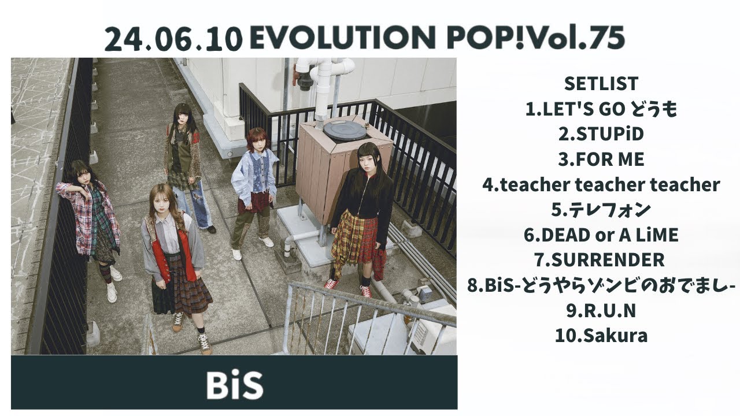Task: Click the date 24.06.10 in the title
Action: [x=173, y=39]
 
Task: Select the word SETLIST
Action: [x=601, y=84]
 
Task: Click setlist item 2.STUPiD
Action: [x=601, y=134]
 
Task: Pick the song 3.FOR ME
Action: [x=601, y=159]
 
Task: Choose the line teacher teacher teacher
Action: [x=601, y=185]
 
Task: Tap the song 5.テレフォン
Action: [x=601, y=210]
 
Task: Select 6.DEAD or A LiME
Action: [x=601, y=235]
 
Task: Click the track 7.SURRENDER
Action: [x=601, y=260]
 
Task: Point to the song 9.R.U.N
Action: [x=601, y=311]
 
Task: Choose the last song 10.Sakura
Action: [x=601, y=336]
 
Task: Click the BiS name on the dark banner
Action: [x=234, y=384]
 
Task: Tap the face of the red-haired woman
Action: [x=256, y=142]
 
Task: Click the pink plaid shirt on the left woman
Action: [x=82, y=214]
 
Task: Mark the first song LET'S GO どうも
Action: [x=601, y=109]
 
